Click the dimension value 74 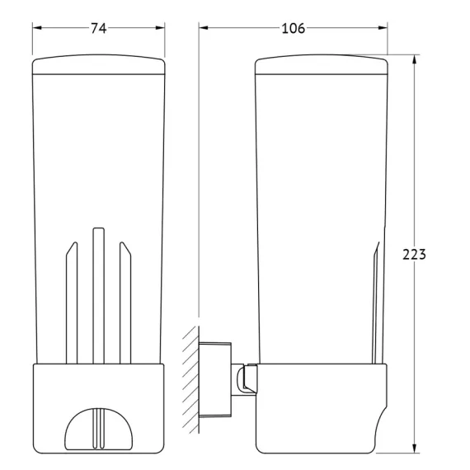tap(99, 29)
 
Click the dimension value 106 tap(294, 29)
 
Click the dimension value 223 tap(414, 255)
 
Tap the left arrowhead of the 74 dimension tap(37, 28)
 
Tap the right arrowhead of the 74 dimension tap(160, 28)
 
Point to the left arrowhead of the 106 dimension tap(204, 28)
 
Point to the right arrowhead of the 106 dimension tap(383, 28)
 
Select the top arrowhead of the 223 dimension tap(414, 59)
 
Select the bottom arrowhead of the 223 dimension tap(414, 449)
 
